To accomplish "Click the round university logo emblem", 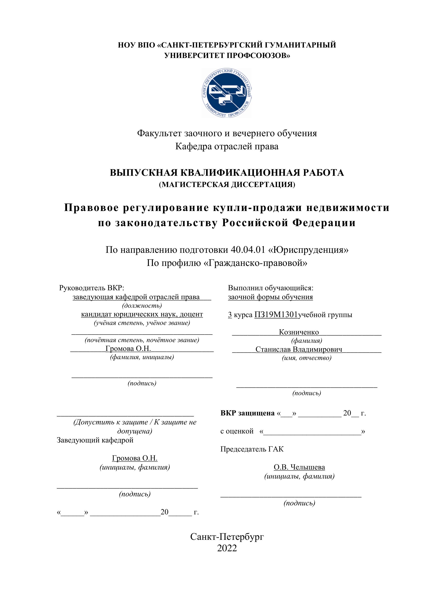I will click(x=227, y=93).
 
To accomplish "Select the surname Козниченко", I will click(x=299, y=332).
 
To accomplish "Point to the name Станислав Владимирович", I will click(x=299, y=349).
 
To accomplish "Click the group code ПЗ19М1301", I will click(x=276, y=315).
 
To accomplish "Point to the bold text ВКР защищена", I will click(x=247, y=413).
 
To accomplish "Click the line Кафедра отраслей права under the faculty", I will click(x=227, y=146).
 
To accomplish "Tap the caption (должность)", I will click(x=142, y=305).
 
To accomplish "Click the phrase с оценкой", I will click(x=237, y=431).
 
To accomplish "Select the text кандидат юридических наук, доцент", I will click(x=142, y=314).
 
